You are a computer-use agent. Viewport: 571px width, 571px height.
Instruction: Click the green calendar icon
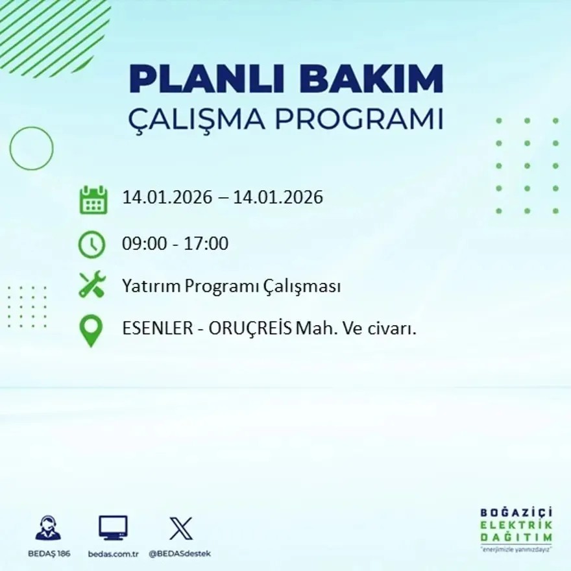pyautogui.click(x=93, y=200)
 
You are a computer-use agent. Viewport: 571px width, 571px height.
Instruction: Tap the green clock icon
pyautogui.click(x=91, y=245)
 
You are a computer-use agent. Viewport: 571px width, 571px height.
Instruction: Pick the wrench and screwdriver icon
pyautogui.click(x=92, y=285)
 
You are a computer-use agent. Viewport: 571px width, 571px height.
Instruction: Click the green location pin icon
pyautogui.click(x=91, y=330)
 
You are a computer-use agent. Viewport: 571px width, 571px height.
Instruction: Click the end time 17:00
pyautogui.click(x=209, y=244)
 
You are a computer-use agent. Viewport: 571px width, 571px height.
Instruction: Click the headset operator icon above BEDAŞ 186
pyautogui.click(x=48, y=528)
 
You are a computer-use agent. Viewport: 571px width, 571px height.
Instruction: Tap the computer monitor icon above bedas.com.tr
pyautogui.click(x=113, y=528)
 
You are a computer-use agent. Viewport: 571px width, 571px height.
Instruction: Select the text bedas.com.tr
pyautogui.click(x=113, y=553)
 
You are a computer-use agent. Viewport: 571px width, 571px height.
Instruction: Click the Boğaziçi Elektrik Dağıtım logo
pyautogui.click(x=516, y=528)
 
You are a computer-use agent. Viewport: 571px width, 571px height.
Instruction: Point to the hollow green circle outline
pyautogui.click(x=31, y=149)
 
